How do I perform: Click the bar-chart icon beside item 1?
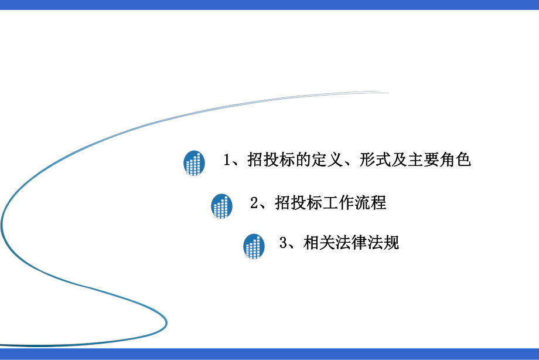(194, 162)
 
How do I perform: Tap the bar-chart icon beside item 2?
(221, 206)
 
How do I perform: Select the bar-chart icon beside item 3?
(254, 246)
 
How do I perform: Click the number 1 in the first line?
(227, 160)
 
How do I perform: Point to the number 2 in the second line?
(254, 203)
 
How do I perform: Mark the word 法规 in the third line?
(383, 243)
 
